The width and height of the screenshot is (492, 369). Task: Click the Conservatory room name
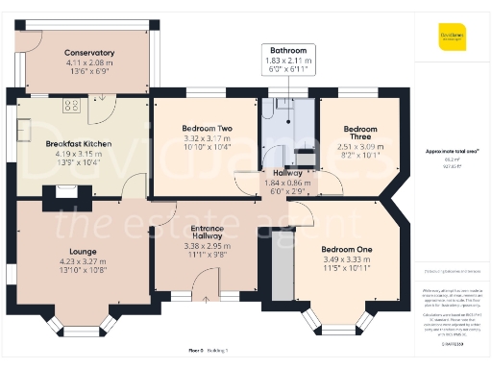pos(89,53)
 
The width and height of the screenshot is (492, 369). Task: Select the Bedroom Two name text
pos(207,128)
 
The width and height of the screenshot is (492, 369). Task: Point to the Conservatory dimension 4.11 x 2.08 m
pos(89,62)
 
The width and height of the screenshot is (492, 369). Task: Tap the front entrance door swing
pos(203,284)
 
